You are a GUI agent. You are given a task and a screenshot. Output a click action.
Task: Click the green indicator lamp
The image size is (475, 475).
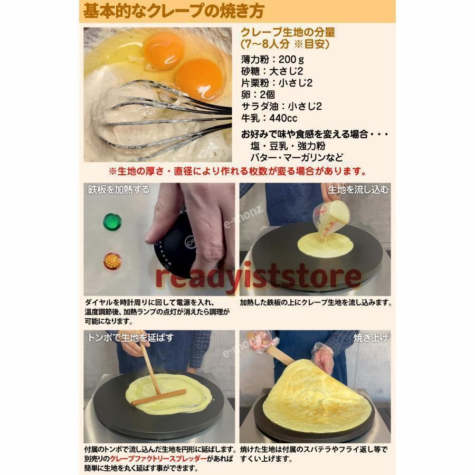pyautogui.click(x=112, y=222)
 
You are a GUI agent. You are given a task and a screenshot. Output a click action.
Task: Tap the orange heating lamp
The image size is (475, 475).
pyautogui.click(x=112, y=261)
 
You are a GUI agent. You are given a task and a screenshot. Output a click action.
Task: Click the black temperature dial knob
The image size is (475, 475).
pyautogui.click(x=176, y=245)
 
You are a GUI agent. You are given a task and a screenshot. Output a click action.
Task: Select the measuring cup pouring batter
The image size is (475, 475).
pyautogui.click(x=331, y=218)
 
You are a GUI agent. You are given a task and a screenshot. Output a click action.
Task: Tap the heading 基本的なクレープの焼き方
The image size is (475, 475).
pyautogui.click(x=174, y=11)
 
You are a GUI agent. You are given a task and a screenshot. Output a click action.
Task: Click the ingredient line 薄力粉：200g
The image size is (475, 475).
pyautogui.click(x=272, y=59)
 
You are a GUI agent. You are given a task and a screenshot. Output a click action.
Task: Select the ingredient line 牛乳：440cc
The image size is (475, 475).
pyautogui.click(x=269, y=118)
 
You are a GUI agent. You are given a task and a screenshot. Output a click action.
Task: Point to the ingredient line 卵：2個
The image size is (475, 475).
pyautogui.click(x=258, y=95)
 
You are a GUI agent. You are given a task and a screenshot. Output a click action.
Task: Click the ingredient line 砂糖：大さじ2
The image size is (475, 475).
pyautogui.click(x=272, y=71)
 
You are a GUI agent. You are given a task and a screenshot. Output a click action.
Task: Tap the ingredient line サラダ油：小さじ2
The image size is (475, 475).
pyautogui.click(x=281, y=106)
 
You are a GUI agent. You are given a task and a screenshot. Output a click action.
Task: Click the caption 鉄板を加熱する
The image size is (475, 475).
pyautogui.click(x=118, y=189)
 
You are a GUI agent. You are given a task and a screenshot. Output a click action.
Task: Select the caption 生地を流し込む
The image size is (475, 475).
pyautogui.click(x=358, y=189)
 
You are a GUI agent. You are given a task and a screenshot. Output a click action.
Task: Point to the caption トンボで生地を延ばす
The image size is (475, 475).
pyautogui.click(x=130, y=337)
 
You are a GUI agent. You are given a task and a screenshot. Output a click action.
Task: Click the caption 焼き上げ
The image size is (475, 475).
pyautogui.click(x=371, y=337)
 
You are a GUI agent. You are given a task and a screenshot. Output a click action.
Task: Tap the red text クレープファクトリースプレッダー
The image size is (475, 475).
pyautogui.click(x=158, y=459)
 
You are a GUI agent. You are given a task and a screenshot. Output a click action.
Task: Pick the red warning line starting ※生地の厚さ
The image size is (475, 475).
pyautogui.click(x=237, y=172)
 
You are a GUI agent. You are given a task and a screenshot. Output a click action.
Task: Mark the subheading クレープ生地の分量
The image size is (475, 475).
pyautogui.click(x=288, y=33)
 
